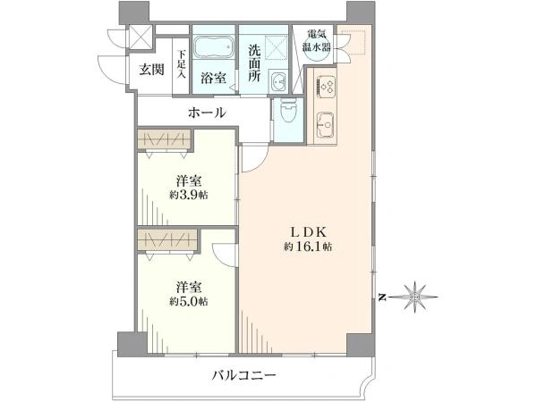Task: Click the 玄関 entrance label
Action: tap(151, 70)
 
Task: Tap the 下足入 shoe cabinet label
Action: tap(181, 65)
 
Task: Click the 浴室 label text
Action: tap(213, 79)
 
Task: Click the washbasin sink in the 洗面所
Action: tap(278, 82)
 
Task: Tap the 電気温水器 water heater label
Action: tap(317, 40)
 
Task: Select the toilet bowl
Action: tap(287, 111)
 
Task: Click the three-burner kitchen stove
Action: tap(326, 84)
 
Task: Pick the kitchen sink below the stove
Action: tap(326, 124)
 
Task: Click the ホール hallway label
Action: tap(208, 113)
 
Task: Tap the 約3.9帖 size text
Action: tap(189, 195)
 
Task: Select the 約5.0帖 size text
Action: tap(189, 302)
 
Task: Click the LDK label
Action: tap(308, 232)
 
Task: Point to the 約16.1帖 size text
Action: tap(308, 247)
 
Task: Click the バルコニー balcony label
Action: tap(243, 376)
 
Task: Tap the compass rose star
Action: tap(414, 297)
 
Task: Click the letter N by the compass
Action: tap(382, 297)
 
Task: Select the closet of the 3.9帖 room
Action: tap(164, 139)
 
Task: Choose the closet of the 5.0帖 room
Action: tap(167, 240)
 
